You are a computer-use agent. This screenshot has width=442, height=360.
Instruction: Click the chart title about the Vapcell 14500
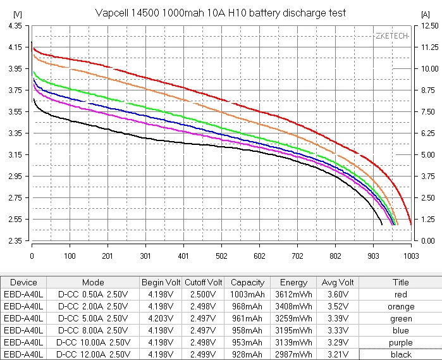pos(221,13)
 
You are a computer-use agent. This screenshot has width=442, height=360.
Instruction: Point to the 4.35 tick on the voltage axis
pos(13,25)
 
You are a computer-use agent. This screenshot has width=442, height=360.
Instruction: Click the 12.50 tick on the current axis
pos(427,25)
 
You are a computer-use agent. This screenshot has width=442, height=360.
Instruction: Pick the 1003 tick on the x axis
pos(411,257)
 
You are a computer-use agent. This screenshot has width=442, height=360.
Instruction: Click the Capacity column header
pos(247,282)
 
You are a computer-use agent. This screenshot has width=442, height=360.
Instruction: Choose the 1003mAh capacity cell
pos(247,295)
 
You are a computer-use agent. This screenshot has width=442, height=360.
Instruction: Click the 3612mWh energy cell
pos(293,295)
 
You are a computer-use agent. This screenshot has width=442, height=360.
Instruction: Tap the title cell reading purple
pos(401,343)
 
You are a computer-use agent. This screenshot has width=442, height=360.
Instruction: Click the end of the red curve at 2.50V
pos(411,225)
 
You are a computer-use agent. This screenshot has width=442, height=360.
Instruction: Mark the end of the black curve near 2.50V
pos(382,225)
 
